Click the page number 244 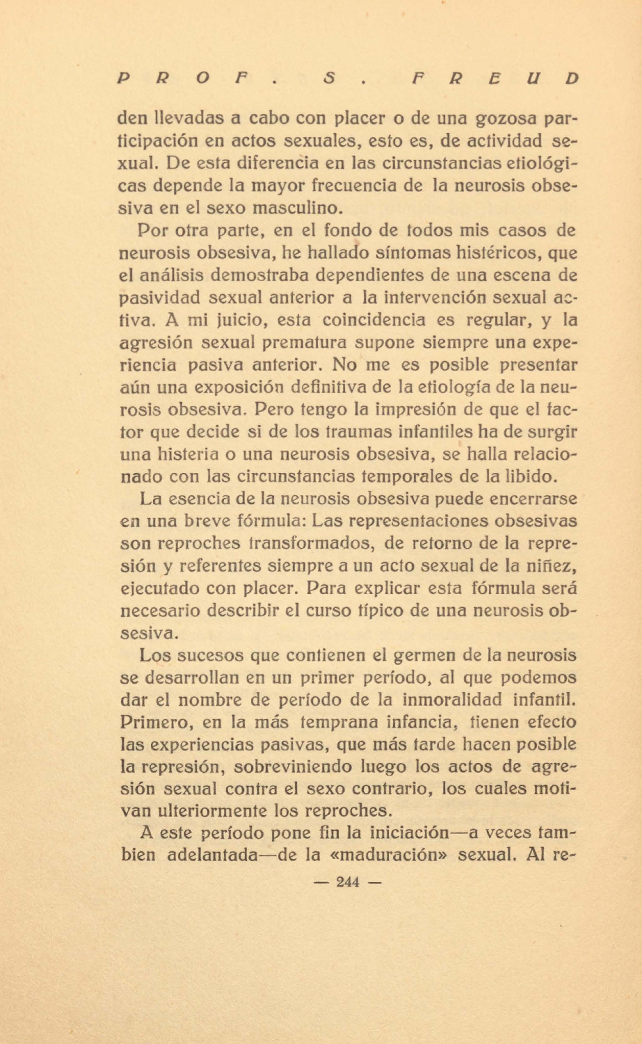coord(347,882)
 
